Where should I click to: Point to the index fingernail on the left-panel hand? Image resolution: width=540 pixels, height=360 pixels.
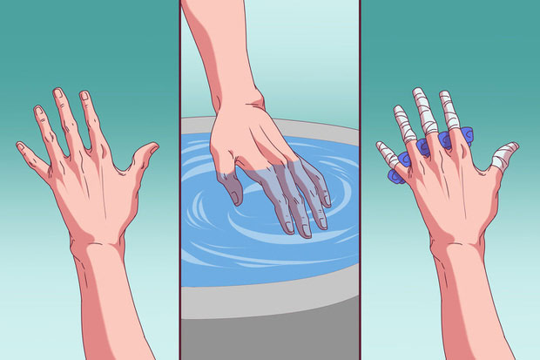click(x=85, y=96)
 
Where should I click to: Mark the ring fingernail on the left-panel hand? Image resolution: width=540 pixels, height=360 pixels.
click(x=37, y=111)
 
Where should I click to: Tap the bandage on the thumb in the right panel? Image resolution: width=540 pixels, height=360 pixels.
click(x=503, y=157)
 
